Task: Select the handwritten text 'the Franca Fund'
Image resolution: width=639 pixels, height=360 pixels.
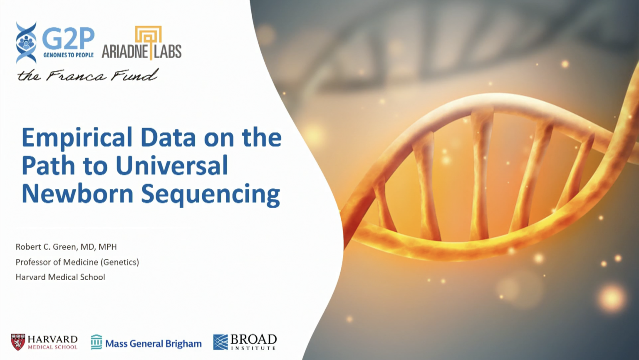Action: [x=88, y=75]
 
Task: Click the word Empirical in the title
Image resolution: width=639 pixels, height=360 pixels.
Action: [x=77, y=138]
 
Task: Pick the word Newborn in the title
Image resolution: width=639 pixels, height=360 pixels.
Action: [x=77, y=194]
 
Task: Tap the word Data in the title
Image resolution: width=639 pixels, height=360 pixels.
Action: [x=168, y=137]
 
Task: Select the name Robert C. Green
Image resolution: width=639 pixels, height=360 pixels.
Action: [x=46, y=247]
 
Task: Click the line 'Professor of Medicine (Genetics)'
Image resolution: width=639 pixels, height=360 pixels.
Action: [x=77, y=262]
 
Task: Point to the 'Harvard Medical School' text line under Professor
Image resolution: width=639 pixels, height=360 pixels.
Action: [x=60, y=277]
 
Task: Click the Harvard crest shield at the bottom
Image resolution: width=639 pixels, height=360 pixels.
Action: [x=18, y=342]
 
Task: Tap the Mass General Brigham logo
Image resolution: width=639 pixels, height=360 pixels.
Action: [x=146, y=343]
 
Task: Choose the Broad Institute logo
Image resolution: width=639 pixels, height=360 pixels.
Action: [x=245, y=342]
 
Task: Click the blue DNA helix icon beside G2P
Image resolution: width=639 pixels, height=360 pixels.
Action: [x=26, y=43]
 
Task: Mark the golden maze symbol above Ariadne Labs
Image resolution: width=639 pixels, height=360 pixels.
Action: [x=148, y=35]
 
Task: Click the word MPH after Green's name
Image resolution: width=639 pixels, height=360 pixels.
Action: [x=107, y=247]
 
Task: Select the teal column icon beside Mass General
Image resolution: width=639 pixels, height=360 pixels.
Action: [x=96, y=342]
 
